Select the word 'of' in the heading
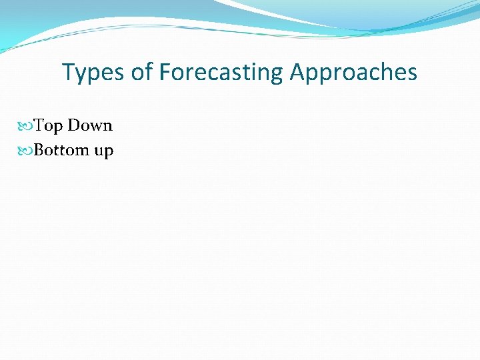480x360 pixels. point(142,72)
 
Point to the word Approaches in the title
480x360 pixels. point(353,72)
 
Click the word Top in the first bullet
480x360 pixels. point(48,126)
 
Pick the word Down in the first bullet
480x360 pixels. point(90,125)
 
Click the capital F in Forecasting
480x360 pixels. point(165,71)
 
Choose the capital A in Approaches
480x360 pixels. point(297,71)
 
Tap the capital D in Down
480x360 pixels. point(74,125)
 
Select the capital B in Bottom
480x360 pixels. point(39,150)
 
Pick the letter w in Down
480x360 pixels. point(95,127)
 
